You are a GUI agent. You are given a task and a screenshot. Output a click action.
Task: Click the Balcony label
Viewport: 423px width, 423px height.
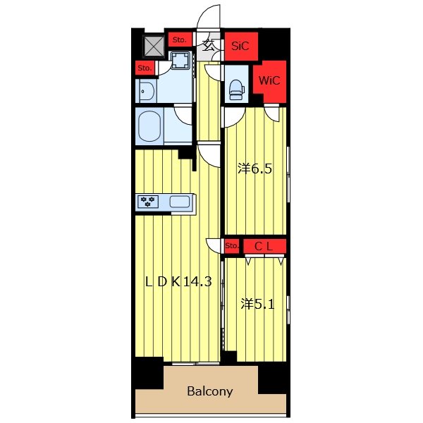tap(210, 391)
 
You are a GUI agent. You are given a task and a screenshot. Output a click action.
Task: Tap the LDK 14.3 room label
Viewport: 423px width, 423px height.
tap(178, 282)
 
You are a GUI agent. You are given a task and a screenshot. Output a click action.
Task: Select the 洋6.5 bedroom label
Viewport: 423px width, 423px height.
tap(255, 169)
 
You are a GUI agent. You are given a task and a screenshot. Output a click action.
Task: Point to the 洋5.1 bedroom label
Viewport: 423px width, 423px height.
tap(257, 305)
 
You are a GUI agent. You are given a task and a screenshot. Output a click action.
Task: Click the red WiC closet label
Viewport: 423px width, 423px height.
tap(269, 80)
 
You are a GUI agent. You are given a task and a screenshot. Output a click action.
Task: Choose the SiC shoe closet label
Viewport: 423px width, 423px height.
tap(240, 46)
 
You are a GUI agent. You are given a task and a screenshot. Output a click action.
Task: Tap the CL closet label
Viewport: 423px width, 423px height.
tap(264, 246)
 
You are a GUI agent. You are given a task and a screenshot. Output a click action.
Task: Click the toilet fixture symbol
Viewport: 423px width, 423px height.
tap(237, 89)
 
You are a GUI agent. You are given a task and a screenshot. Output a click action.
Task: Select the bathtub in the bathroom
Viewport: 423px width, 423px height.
tap(149, 126)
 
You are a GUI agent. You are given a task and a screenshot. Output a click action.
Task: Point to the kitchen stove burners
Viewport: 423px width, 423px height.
tap(148, 202)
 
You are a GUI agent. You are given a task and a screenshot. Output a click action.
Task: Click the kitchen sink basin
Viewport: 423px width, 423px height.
tap(179, 202)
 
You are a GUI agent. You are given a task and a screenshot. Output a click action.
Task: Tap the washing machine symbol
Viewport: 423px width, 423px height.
tap(180, 60)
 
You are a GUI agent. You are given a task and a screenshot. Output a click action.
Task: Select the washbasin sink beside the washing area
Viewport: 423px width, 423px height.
tap(147, 91)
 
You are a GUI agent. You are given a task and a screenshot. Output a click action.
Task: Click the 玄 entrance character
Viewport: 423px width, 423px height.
tap(209, 45)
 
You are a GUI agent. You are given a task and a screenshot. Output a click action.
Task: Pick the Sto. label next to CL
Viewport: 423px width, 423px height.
tap(232, 246)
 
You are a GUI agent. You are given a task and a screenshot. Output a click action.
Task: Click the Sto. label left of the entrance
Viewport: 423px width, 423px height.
tap(179, 39)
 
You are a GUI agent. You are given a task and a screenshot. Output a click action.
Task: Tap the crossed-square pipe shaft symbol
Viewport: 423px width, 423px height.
tap(154, 47)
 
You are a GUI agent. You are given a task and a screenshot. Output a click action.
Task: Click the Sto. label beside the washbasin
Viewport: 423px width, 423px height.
tap(145, 68)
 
